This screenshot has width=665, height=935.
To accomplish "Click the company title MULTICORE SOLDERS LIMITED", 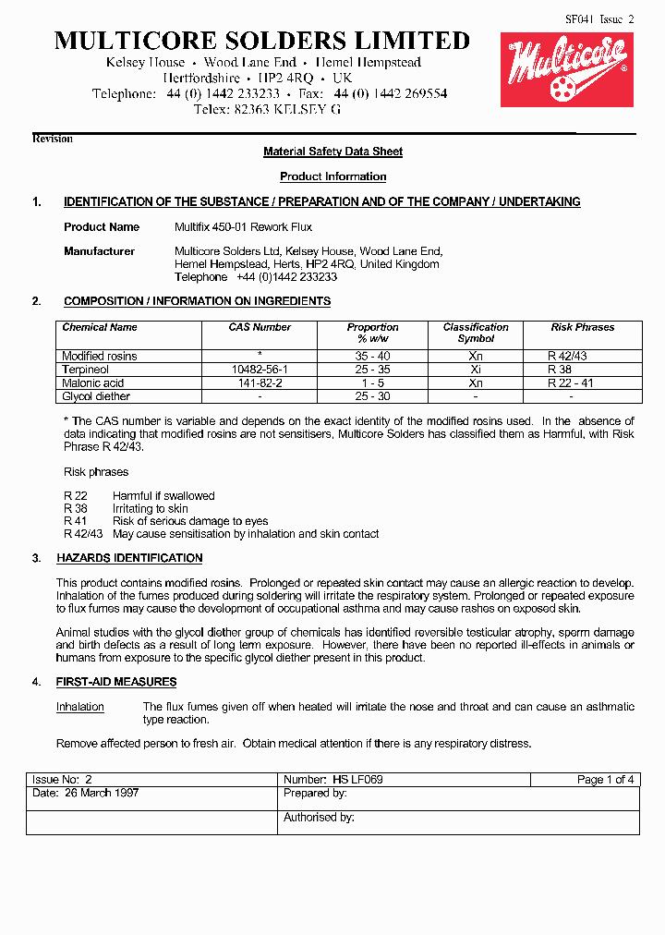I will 262,41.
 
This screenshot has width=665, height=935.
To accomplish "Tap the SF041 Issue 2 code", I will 599,18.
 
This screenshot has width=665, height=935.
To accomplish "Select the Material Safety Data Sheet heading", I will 332,152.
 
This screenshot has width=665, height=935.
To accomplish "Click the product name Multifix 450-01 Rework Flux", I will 243,227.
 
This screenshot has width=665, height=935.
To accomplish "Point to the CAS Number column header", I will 260,327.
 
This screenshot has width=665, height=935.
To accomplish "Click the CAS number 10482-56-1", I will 260,370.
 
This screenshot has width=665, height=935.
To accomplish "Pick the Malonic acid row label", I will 92,382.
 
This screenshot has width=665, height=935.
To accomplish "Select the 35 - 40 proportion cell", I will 372,357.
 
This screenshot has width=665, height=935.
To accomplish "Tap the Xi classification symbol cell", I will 476,370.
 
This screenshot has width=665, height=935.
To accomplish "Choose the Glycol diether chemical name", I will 96,396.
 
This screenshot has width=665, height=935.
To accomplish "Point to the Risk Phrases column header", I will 582,327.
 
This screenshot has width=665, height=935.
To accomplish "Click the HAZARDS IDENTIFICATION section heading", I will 129,558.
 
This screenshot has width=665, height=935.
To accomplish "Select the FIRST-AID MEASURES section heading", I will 116,682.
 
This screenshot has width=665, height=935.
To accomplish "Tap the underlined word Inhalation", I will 80,707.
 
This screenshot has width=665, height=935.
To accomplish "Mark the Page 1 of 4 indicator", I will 605,780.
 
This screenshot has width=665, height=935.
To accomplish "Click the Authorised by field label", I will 319,818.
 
